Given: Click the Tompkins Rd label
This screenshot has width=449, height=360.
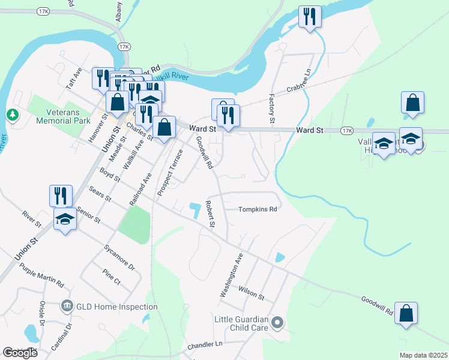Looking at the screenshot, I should click(258, 209).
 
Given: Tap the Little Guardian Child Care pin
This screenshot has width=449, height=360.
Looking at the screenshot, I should click(277, 323).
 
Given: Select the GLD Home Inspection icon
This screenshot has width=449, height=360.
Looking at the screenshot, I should click(67, 307).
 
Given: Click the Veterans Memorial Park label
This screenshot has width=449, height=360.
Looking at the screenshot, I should click(71, 116).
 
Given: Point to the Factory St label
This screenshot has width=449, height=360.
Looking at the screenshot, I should click(272, 109).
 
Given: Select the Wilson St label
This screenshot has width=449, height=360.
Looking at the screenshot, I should click(251, 293).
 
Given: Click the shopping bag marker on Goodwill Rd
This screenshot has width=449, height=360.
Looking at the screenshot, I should click(406, 313).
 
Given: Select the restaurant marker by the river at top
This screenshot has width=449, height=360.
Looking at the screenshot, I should click(310, 16).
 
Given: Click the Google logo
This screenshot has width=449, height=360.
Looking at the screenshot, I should click(20, 353).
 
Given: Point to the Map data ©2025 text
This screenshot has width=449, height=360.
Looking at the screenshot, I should click(423, 355).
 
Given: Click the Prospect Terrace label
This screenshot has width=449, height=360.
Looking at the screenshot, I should click(169, 172).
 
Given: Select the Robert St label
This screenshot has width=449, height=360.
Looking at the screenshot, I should click(209, 214).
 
